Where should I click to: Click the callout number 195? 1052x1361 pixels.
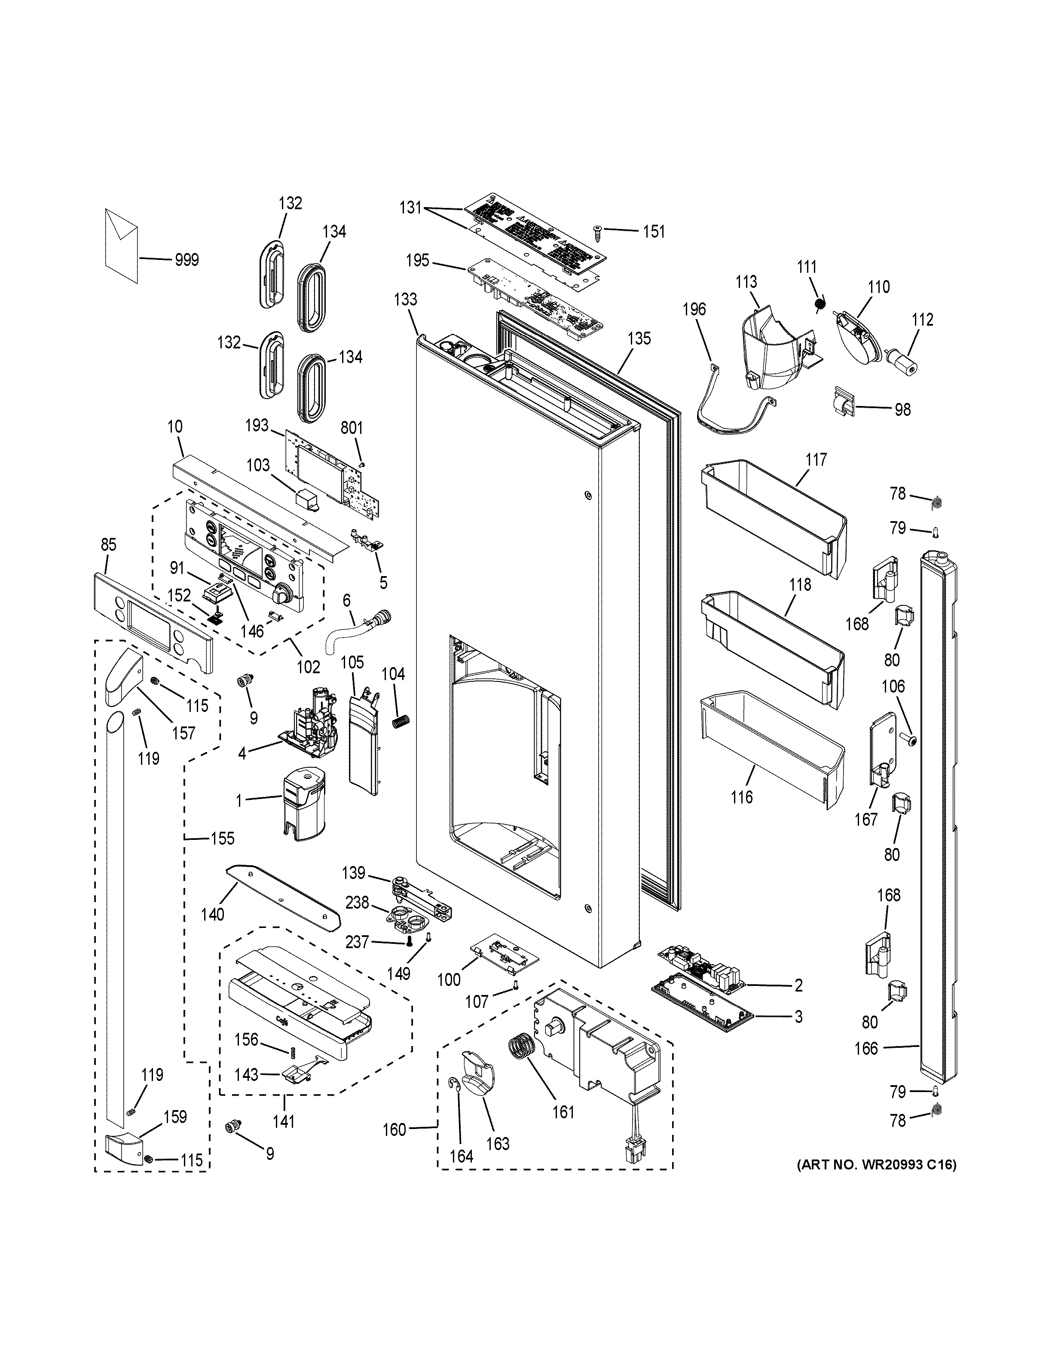[x=418, y=260]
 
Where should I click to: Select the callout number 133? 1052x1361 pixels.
[x=405, y=299]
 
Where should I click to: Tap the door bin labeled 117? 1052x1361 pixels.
[x=773, y=517]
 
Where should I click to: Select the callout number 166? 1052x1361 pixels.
[x=865, y=1048]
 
